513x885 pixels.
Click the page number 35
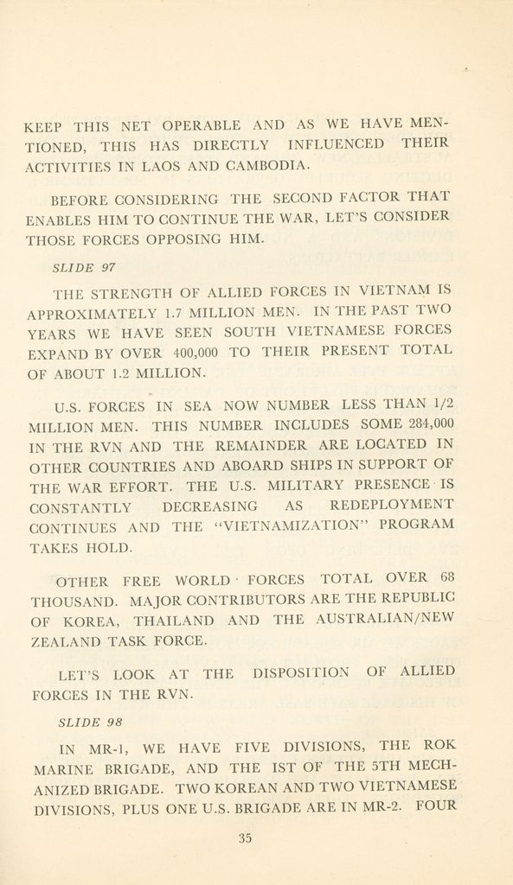pyautogui.click(x=245, y=837)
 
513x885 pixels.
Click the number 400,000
pyautogui.click(x=196, y=353)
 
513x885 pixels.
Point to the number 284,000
pyautogui.click(x=429, y=423)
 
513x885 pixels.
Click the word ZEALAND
pyautogui.click(x=61, y=641)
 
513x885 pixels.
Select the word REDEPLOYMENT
pyautogui.click(x=391, y=505)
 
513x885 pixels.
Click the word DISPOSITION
pyautogui.click(x=300, y=672)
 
